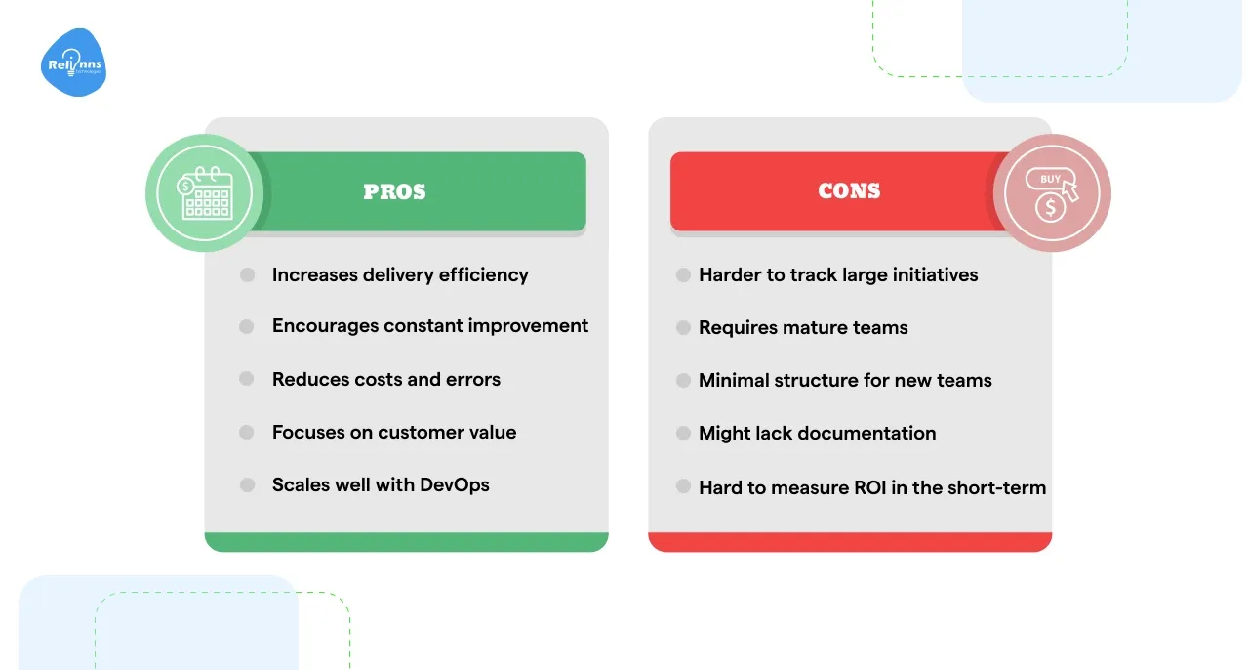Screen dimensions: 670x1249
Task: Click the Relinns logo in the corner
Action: (x=74, y=63)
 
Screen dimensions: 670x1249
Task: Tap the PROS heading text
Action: (x=394, y=191)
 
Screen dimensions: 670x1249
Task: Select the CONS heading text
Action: (x=849, y=191)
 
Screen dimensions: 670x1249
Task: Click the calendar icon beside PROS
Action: (x=204, y=193)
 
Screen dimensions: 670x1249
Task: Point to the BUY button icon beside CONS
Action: (x=1052, y=193)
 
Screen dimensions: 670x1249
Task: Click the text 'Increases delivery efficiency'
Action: (x=400, y=275)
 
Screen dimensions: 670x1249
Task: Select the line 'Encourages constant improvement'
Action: (x=430, y=326)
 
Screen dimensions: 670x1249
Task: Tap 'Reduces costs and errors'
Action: (x=386, y=379)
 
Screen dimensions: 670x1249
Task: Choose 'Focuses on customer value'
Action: (x=394, y=432)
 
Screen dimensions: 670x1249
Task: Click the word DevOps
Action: (x=455, y=485)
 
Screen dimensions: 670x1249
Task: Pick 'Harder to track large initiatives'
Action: (x=838, y=275)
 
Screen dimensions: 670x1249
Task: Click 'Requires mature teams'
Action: (x=803, y=328)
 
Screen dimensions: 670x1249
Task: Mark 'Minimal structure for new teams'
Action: (x=845, y=381)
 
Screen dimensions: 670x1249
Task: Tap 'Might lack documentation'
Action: (x=818, y=434)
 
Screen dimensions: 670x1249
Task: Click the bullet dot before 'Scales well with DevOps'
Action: (x=247, y=485)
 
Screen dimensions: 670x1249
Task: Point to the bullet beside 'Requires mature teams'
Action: (x=683, y=328)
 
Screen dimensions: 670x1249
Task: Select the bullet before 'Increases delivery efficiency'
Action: (x=247, y=275)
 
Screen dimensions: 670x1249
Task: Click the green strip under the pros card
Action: (x=406, y=542)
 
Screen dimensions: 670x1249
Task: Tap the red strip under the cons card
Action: (x=850, y=542)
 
